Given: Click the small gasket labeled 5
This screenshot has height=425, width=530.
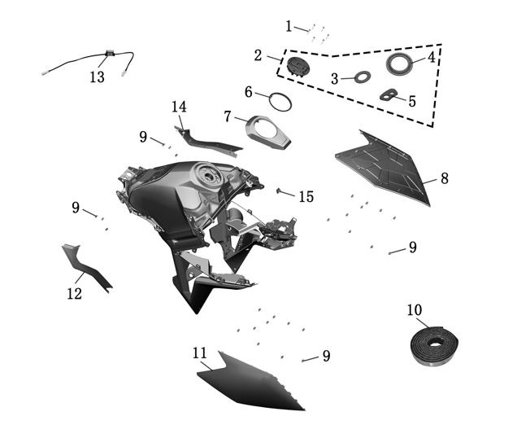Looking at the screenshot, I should coord(389,96).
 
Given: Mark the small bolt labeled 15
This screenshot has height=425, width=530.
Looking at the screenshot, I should coord(280,191).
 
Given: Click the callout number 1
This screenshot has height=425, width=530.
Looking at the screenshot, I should coord(289,26).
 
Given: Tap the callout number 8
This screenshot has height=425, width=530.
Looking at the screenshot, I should coord(445,178).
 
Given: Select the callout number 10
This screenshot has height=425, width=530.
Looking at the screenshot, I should coord(415,310).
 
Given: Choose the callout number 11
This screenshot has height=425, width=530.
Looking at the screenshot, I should coord(200,353).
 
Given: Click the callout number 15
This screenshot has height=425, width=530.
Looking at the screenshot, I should coord(306,197).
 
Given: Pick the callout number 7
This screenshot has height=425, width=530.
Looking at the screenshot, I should coord(228,116).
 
